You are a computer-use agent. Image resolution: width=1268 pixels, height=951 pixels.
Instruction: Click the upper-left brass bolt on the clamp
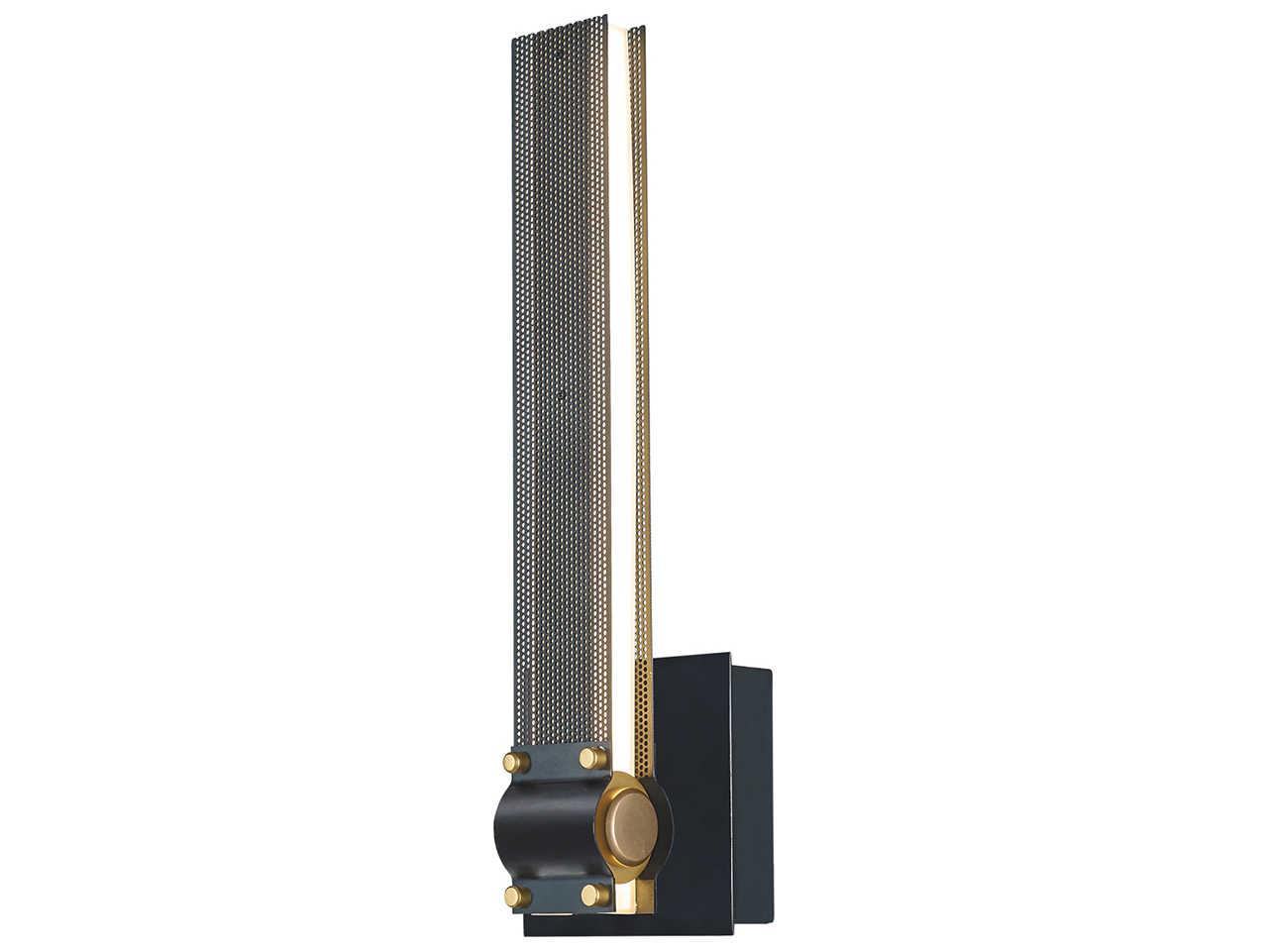point(516,762)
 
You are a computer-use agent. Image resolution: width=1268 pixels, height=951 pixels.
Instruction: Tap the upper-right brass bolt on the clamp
point(592,759)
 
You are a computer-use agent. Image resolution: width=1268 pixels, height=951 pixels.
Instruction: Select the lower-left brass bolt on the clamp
point(516,896)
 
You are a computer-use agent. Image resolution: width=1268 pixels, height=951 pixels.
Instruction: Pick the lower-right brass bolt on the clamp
point(592,894)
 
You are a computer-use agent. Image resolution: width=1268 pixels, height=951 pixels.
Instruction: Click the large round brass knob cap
point(631,826)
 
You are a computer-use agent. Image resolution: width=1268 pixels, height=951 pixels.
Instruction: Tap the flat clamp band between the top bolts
point(554,763)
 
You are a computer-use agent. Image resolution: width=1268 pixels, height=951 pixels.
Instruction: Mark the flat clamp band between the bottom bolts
point(554,894)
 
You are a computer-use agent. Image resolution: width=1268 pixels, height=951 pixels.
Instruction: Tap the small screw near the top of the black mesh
point(559,48)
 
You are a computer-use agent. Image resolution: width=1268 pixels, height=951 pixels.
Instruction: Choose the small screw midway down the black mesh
point(562,394)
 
